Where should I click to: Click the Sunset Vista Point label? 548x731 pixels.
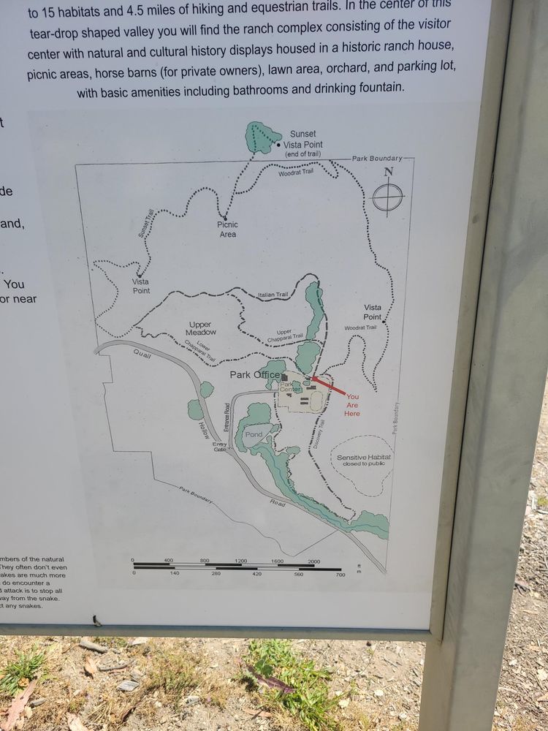pos(302,139)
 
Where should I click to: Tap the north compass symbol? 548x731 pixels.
pos(387,195)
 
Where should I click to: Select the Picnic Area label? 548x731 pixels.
pos(227,230)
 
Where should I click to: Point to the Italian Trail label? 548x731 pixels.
pos(273,295)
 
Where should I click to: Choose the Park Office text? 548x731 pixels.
pos(254,375)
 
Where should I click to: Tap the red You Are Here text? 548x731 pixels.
pos(353,405)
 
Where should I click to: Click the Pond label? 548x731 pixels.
pos(253,434)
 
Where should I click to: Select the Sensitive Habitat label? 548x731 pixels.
pos(363,460)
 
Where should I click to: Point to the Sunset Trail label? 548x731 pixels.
pos(145,222)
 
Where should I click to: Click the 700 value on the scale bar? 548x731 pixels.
pos(340,575)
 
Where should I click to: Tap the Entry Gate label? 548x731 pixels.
pos(219,447)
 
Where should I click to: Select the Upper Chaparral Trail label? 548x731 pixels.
pos(284,335)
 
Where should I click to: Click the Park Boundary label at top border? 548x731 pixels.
pos(377,159)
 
